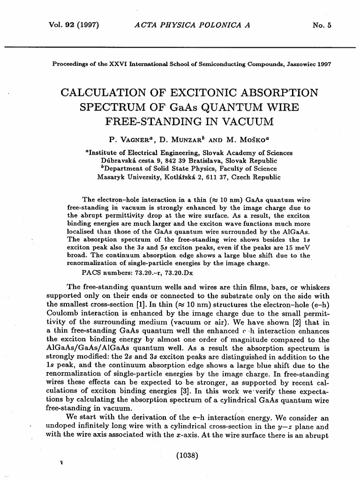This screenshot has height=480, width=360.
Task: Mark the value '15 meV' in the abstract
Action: point(298,247)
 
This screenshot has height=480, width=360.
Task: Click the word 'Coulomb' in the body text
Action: point(61,312)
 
